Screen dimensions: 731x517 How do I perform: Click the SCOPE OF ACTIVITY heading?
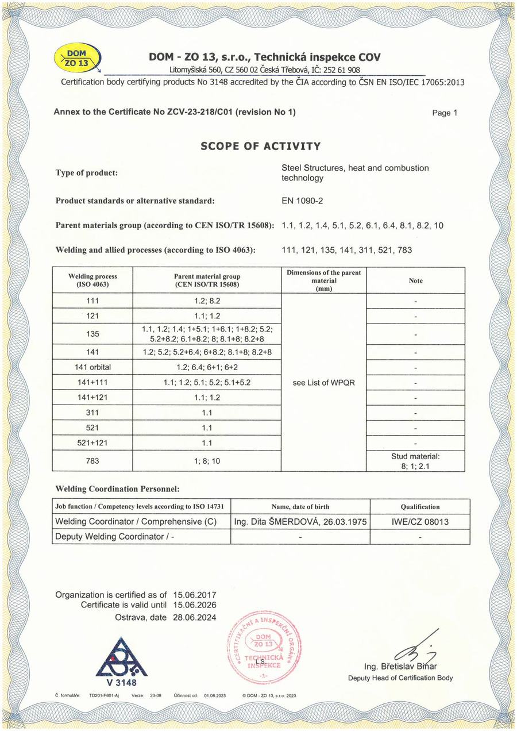tap(260, 146)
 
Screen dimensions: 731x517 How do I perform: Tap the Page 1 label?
tap(444, 113)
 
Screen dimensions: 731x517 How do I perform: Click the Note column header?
tap(416, 280)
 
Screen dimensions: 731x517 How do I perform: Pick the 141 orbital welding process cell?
tap(92, 368)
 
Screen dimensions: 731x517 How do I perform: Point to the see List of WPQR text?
tap(323, 383)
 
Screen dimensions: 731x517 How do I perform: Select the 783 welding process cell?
tap(92, 460)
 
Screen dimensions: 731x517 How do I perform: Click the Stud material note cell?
tap(416, 460)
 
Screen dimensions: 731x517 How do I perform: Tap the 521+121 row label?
tap(92, 443)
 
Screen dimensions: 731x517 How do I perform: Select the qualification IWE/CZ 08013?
tap(419, 522)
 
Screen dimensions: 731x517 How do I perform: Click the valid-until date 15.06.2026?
tap(195, 605)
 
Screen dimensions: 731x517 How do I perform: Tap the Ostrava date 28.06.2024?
tap(195, 617)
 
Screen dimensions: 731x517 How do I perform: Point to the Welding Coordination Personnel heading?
tap(118, 489)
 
